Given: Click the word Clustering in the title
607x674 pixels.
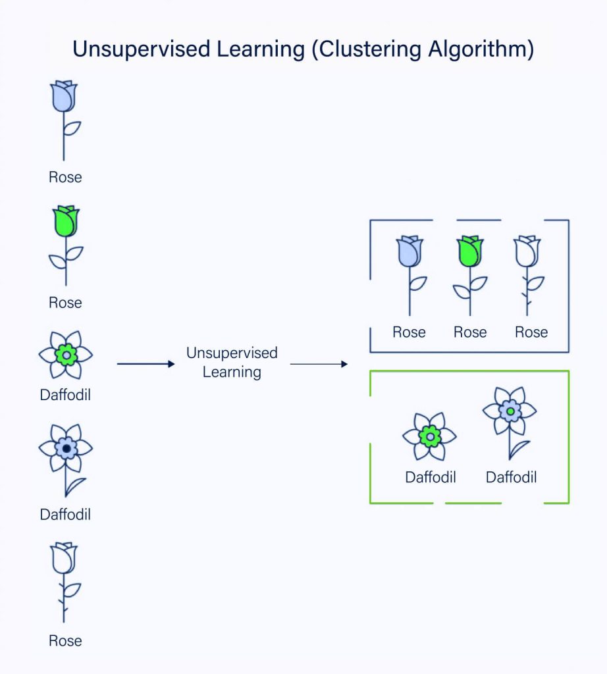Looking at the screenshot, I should pos(368,50).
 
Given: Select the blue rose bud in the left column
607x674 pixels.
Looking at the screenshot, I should pos(65,96).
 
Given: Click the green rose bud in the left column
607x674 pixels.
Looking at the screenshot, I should pos(65,221).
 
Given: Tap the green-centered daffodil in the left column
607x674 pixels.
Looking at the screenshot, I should pos(65,355).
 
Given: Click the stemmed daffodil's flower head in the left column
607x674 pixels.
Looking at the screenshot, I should pos(65,448).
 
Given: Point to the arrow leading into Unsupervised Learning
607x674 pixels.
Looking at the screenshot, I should pos(145,363).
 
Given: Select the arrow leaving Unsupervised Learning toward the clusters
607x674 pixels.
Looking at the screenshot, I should pos(319,363).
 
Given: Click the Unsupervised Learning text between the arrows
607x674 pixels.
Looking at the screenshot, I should pos(232,362).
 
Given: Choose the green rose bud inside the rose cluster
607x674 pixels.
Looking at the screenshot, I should pos(470,251).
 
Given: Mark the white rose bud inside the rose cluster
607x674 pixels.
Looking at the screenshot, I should pos(527,251).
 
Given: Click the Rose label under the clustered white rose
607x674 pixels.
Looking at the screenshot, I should pos(531,332).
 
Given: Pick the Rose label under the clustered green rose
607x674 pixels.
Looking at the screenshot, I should pos(470,332).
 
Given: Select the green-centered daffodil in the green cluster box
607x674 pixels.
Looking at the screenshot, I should pos(430,436).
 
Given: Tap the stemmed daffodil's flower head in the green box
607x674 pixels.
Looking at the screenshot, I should pos(510,411).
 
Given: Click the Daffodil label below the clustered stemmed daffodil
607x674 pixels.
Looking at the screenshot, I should pos(511,477).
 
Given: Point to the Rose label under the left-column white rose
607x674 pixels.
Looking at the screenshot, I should pos(65,640).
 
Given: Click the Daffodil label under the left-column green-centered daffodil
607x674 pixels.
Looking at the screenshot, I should pos(65,396).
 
